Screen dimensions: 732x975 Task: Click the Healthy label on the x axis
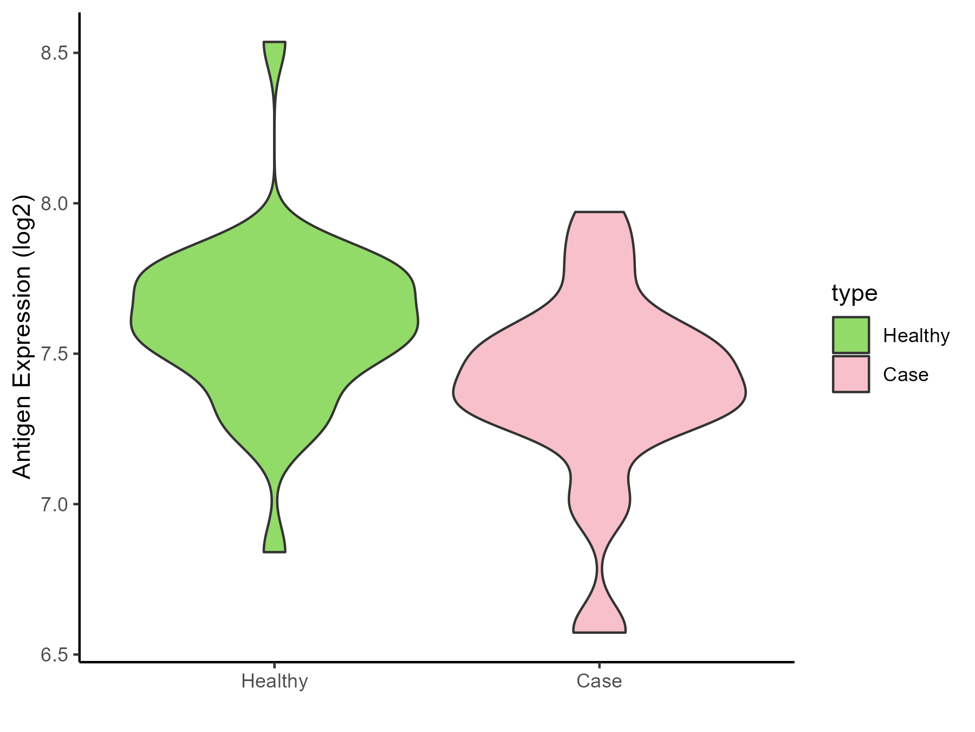pyautogui.click(x=275, y=681)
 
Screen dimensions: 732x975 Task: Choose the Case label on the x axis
pyautogui.click(x=599, y=681)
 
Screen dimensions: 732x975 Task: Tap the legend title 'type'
pyautogui.click(x=854, y=293)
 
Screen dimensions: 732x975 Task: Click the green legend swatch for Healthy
pyautogui.click(x=851, y=335)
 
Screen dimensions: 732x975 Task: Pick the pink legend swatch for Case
pyautogui.click(x=851, y=374)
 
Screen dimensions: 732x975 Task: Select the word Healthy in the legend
pyautogui.click(x=916, y=336)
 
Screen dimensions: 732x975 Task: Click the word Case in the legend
pyautogui.click(x=905, y=375)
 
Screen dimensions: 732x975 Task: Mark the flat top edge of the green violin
pyautogui.click(x=275, y=42)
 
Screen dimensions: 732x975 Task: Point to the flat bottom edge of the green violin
pyautogui.click(x=275, y=551)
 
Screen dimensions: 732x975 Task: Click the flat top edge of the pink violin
pyautogui.click(x=600, y=212)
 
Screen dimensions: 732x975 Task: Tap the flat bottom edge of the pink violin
pyautogui.click(x=600, y=632)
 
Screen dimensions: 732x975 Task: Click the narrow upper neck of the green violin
pyautogui.click(x=275, y=136)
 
